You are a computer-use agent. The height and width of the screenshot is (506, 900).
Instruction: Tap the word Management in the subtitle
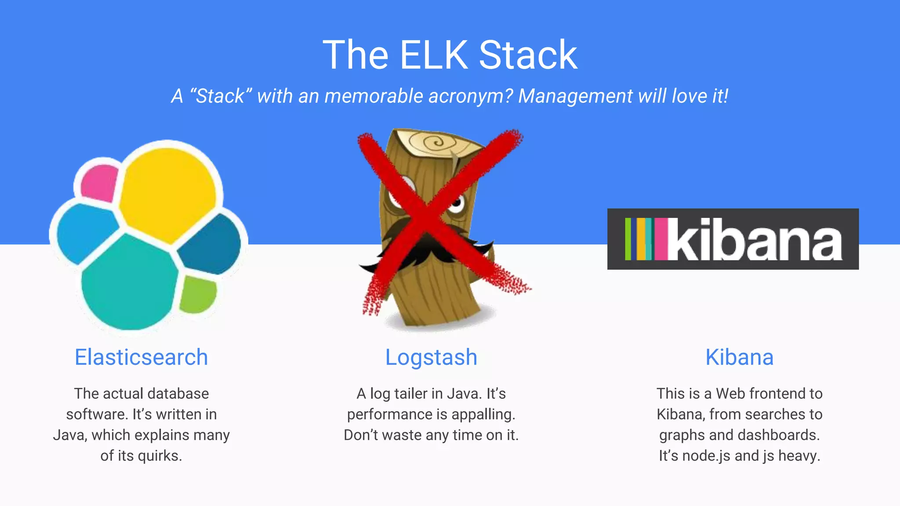(x=575, y=96)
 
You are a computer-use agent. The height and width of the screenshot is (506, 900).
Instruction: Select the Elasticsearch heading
(x=141, y=357)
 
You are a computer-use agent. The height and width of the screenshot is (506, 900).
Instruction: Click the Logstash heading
(x=431, y=357)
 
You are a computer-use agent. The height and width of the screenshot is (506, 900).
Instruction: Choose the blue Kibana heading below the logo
(x=739, y=357)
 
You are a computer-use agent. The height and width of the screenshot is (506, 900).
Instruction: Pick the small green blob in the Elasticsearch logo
(x=198, y=293)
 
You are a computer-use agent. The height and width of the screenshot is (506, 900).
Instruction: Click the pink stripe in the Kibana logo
(x=660, y=239)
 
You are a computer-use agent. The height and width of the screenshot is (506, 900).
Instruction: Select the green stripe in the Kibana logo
(x=628, y=239)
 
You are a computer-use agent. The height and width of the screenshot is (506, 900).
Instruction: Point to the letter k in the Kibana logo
(x=688, y=239)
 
